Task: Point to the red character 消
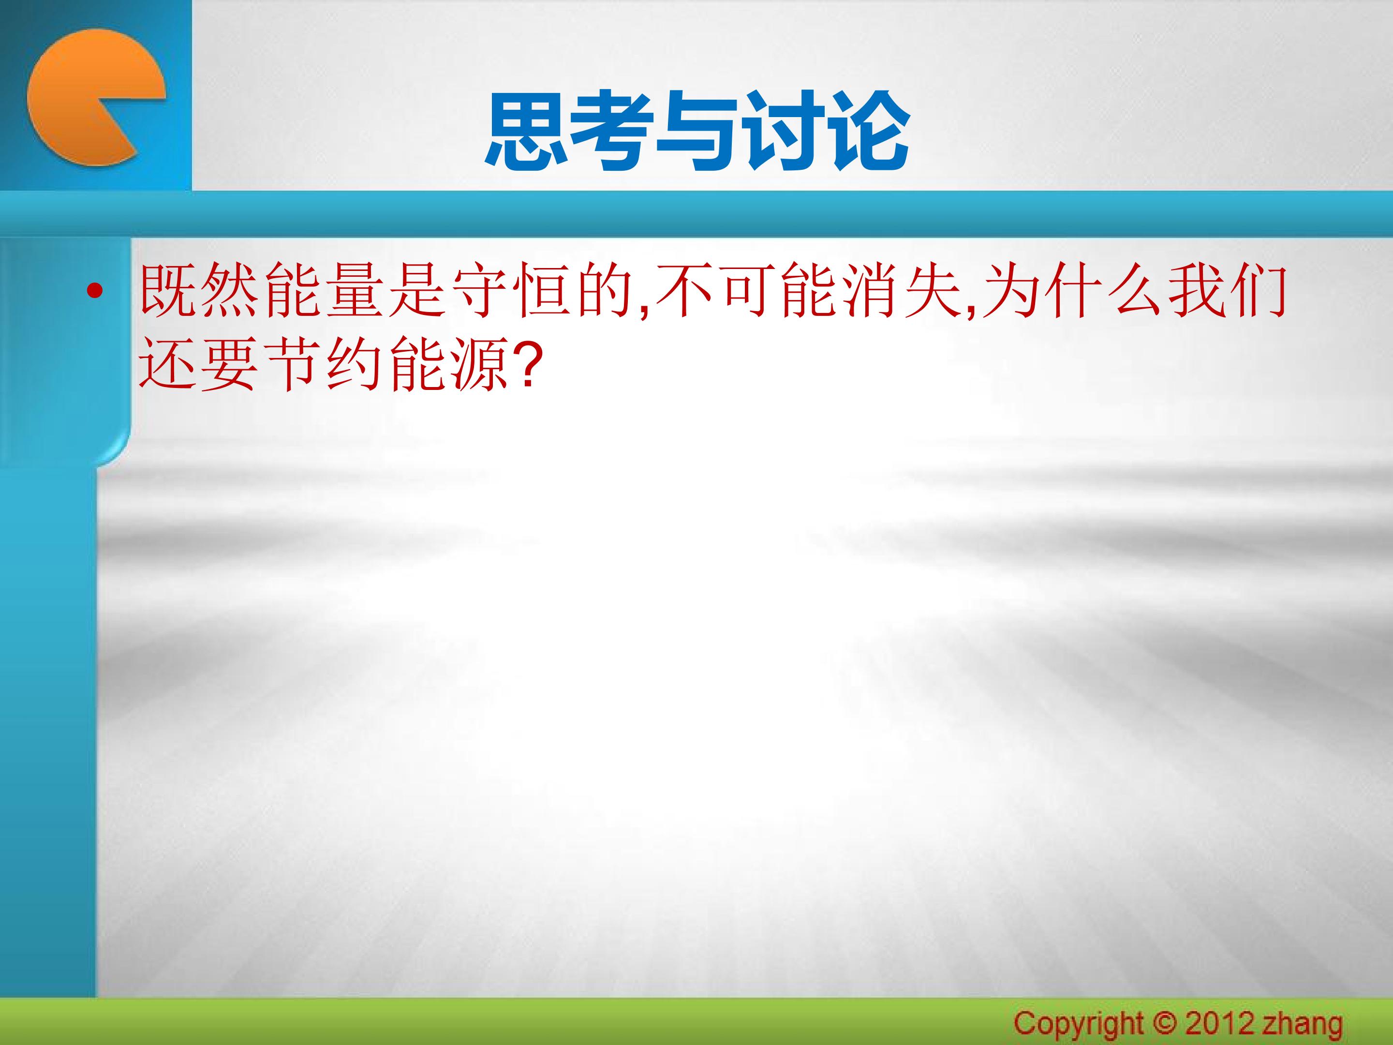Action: pyautogui.click(x=872, y=290)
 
